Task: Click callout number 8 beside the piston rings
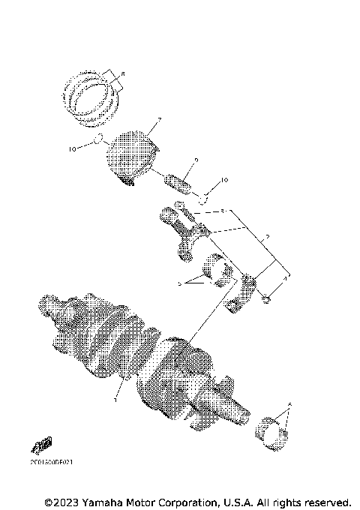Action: pos(124,72)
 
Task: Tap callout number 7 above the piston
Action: pos(159,120)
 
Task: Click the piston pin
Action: pos(179,182)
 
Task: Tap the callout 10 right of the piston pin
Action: pos(220,181)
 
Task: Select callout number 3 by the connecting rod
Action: pos(223,211)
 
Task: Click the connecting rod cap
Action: pos(244,292)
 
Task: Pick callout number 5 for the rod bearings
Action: pos(180,284)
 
